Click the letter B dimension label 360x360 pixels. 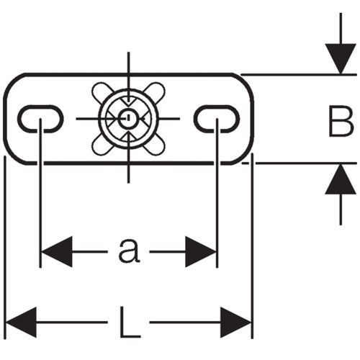(x=341, y=121)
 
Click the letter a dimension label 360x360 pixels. (x=129, y=251)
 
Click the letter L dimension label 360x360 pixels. (x=130, y=322)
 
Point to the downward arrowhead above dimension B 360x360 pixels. (x=341, y=58)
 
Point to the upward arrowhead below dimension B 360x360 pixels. (x=341, y=179)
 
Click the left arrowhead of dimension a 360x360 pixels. (x=57, y=251)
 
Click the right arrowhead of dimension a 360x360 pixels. (x=201, y=251)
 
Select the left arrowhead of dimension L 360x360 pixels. (x=21, y=323)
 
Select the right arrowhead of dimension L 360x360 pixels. (x=235, y=323)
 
